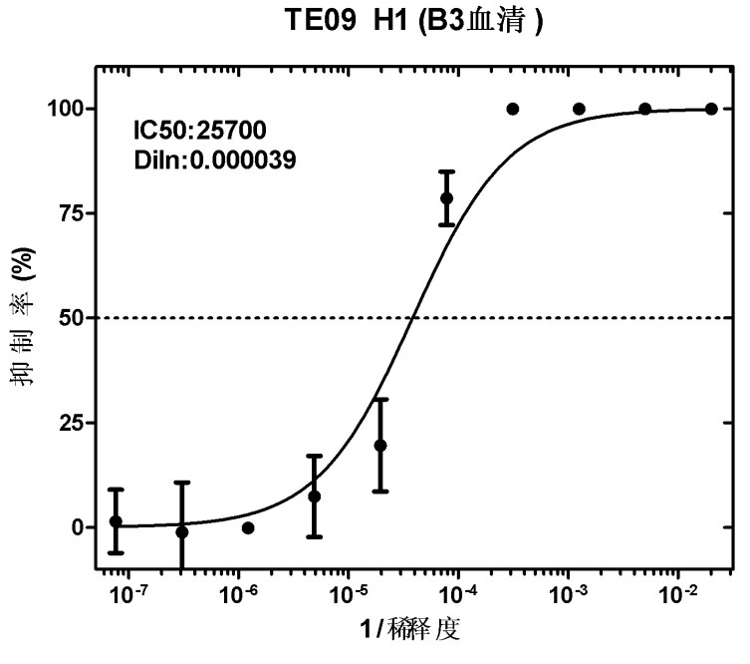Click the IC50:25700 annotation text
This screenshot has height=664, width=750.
click(x=200, y=130)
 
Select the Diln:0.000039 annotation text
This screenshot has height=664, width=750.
click(x=215, y=158)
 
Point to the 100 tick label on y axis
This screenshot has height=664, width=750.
click(x=66, y=109)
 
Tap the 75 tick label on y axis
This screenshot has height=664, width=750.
click(x=72, y=212)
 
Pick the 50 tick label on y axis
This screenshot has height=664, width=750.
click(x=72, y=318)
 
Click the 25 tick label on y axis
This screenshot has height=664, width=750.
click(x=72, y=423)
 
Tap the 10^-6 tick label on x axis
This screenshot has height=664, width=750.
click(x=237, y=596)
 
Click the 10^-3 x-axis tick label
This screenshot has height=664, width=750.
click(x=568, y=596)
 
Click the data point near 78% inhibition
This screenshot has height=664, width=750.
click(x=446, y=197)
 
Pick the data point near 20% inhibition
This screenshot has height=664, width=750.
click(x=380, y=446)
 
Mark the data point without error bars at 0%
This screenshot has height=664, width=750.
click(x=248, y=527)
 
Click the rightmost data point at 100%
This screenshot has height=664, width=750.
click(x=711, y=109)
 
